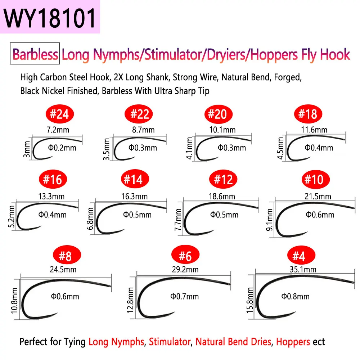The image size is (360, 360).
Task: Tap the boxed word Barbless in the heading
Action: pyautogui.click(x=35, y=54)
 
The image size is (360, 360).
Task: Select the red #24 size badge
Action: pyautogui.click(x=59, y=114)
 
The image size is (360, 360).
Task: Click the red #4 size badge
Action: pyautogui.click(x=301, y=255)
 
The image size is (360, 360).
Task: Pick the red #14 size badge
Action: pyautogui.click(x=135, y=179)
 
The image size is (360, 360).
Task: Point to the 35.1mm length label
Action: pyautogui.click(x=303, y=269)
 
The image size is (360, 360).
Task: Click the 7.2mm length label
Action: pyautogui.click(x=58, y=130)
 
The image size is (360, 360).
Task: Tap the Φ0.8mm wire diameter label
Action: pyautogui.click(x=295, y=296)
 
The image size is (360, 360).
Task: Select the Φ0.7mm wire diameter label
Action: pyautogui.click(x=184, y=296)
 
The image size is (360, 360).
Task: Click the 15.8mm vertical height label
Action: pyautogui.click(x=250, y=300)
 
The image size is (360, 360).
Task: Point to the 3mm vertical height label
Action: pyautogui.click(x=27, y=149)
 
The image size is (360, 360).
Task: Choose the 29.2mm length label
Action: pyautogui.click(x=185, y=269)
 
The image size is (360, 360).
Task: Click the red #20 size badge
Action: pyautogui.click(x=219, y=114)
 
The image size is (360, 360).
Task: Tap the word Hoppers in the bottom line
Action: pyautogui.click(x=293, y=342)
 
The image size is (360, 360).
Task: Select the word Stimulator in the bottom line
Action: pyautogui.click(x=170, y=342)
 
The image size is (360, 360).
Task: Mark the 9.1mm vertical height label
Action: pyautogui.click(x=269, y=220)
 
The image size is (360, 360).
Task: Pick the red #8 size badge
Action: pyautogui.click(x=67, y=255)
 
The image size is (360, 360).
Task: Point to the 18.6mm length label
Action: pyautogui.click(x=222, y=197)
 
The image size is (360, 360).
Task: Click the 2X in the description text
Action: pyautogui.click(x=118, y=77)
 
